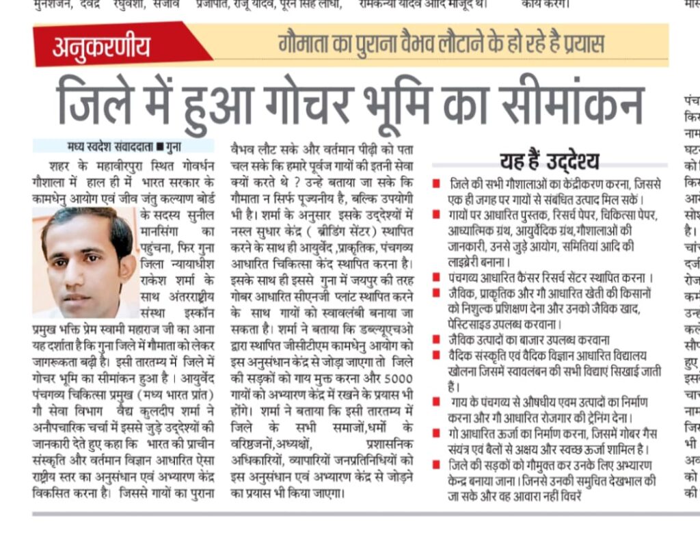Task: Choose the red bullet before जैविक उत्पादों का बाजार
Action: tap(436, 340)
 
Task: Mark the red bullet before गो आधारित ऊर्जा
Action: tap(436, 433)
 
